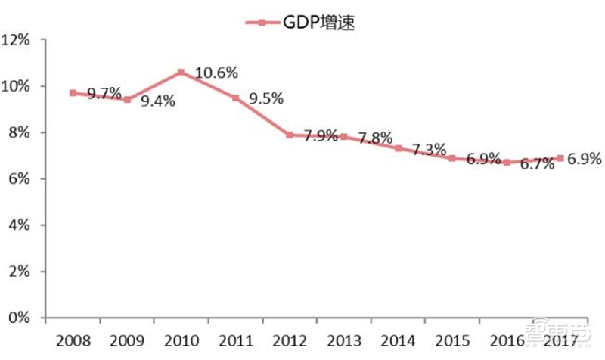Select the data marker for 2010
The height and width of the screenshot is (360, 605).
[x=181, y=73]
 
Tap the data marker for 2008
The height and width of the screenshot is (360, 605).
[x=73, y=93]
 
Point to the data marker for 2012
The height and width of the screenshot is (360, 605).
[x=290, y=135]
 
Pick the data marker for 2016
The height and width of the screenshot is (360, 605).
[x=507, y=163]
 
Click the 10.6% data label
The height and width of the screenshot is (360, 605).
[x=216, y=73]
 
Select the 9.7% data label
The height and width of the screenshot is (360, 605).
[x=104, y=94]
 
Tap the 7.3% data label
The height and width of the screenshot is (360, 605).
[x=429, y=150]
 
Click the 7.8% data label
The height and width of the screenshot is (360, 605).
[x=375, y=138]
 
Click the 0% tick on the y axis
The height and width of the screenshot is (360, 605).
[x=22, y=318]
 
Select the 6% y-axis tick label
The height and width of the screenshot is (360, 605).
[x=22, y=179]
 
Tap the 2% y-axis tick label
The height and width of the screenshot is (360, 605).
[x=22, y=272]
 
